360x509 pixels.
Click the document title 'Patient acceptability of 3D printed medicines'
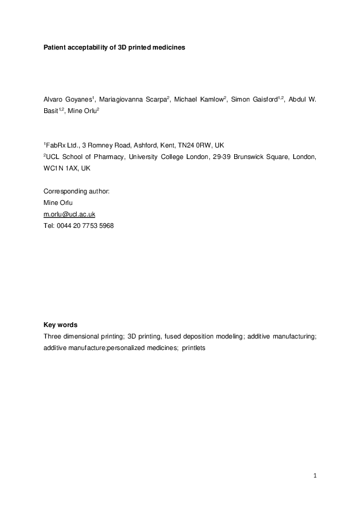pyautogui.click(x=114, y=47)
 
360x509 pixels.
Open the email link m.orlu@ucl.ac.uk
pyautogui.click(x=70, y=214)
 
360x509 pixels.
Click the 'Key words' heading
pyautogui.click(x=60, y=325)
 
